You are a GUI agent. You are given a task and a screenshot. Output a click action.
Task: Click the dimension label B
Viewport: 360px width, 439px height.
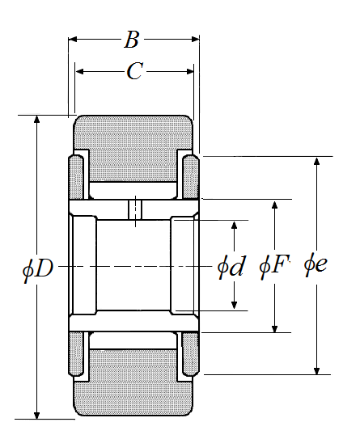coord(132,40)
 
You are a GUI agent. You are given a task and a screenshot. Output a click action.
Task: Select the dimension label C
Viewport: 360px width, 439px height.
coord(135,71)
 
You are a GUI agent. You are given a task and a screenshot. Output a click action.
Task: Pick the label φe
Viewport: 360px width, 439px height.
coord(316,264)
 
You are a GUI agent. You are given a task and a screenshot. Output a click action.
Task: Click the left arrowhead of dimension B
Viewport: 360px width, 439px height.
coord(73,39)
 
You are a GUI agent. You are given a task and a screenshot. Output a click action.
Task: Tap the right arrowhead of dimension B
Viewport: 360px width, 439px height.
coord(195,39)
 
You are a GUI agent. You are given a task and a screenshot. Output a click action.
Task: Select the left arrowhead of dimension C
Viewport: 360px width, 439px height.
coord(79,72)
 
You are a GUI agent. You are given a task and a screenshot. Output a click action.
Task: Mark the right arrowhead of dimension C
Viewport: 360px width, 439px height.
coord(190,72)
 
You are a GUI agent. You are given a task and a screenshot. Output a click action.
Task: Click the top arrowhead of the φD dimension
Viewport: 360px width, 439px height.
coord(36,120)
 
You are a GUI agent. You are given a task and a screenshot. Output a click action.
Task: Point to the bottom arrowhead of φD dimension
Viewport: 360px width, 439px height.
coord(36,416)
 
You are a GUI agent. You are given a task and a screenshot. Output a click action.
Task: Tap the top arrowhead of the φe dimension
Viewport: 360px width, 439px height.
coord(316,161)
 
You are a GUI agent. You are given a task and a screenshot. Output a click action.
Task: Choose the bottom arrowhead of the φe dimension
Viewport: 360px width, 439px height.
coord(316,370)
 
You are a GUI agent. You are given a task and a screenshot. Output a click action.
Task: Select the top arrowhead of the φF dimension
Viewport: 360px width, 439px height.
coord(274,205)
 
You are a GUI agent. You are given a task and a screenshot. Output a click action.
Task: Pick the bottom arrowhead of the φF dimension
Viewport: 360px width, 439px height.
coord(274,328)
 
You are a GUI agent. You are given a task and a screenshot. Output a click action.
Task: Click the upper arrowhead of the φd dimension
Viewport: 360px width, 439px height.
coord(235,226)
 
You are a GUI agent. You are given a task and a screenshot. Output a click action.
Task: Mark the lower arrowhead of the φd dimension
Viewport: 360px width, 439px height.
coord(235,305)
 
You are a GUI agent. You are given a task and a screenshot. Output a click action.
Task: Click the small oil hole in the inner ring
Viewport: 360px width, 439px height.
coord(136,209)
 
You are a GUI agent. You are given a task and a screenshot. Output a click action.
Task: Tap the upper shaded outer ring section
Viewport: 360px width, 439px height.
coord(133,149)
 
